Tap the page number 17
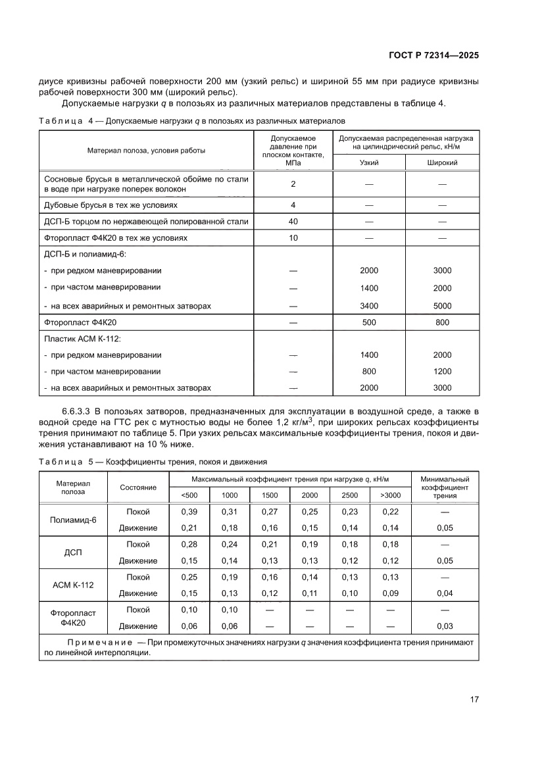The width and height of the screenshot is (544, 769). point(474,699)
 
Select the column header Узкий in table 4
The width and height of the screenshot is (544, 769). point(368,162)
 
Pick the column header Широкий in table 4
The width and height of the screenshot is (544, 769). point(442,162)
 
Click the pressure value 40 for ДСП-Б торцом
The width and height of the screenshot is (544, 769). point(293,222)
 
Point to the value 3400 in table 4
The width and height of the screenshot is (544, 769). point(369,306)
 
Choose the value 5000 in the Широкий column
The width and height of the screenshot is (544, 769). point(442,306)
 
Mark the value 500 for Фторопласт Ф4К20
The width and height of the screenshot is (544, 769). point(369,323)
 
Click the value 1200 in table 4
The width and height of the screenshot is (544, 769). point(442,371)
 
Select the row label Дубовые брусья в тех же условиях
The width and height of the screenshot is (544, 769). point(101,205)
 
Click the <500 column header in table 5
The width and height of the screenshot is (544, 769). point(189,495)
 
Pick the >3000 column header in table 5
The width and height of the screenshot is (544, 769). point(390,495)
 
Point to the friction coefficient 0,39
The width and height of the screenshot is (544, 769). point(189,512)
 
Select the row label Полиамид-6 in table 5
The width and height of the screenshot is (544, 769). point(73,520)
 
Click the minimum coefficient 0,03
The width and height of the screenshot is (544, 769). point(445,626)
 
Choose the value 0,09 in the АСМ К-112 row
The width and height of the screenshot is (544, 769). point(390,593)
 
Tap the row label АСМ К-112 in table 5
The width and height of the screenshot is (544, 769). point(73,585)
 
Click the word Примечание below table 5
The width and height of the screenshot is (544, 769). point(97,642)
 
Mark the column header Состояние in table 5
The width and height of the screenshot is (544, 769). point(138,487)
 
